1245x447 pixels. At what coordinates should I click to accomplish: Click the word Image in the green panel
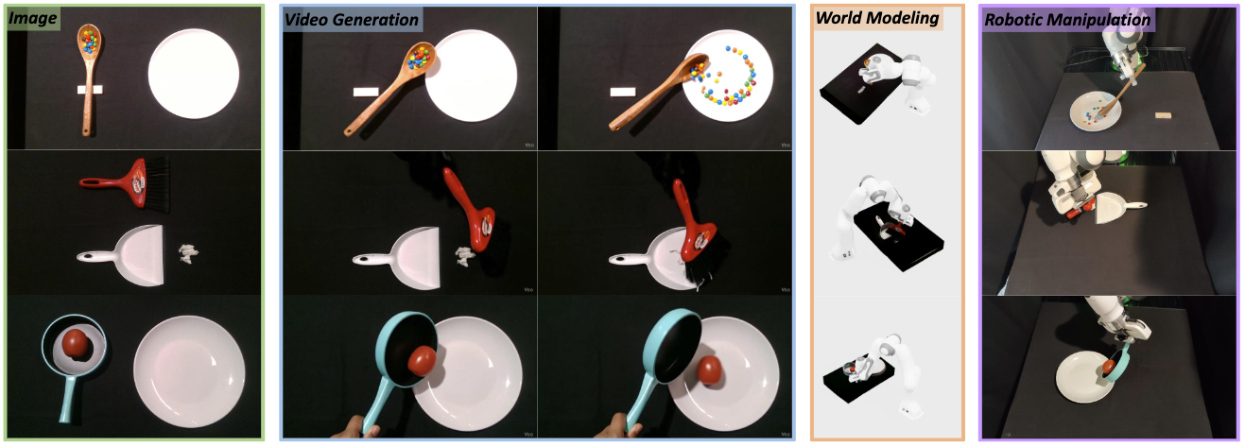(32, 18)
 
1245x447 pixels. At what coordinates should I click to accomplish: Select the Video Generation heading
(352, 20)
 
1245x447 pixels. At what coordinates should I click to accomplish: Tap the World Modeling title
(877, 18)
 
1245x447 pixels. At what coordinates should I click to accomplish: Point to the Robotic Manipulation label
(1067, 20)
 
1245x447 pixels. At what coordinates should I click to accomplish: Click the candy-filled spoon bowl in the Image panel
(89, 42)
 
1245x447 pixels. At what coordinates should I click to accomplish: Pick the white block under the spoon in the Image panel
(90, 90)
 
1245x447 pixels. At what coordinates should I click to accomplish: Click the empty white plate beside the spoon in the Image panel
(194, 74)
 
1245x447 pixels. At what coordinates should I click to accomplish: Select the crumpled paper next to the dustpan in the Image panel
(188, 253)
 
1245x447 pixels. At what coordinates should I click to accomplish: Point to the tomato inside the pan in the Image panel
(75, 343)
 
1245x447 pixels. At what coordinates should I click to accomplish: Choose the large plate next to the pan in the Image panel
(189, 371)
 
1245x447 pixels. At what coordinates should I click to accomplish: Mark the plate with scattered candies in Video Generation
(728, 76)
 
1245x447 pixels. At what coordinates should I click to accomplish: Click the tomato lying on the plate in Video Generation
(709, 370)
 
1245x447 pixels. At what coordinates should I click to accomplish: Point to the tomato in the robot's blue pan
(1108, 367)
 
